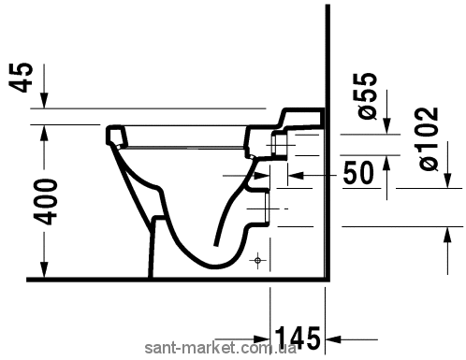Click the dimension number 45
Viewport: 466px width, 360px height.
pos(23,78)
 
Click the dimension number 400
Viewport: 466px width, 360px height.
pos(46,202)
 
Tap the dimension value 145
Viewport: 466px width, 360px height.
pos(297,338)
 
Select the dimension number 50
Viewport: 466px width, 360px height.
pos(358,173)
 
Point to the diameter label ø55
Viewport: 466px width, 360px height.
pos(367,95)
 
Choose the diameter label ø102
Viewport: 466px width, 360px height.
pos(428,138)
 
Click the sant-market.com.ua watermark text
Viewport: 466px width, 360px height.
pos(220,348)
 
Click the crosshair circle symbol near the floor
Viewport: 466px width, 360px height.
pos(258,260)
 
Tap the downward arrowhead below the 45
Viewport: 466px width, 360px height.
pos(44,100)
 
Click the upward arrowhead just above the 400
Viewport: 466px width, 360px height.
pos(44,133)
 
